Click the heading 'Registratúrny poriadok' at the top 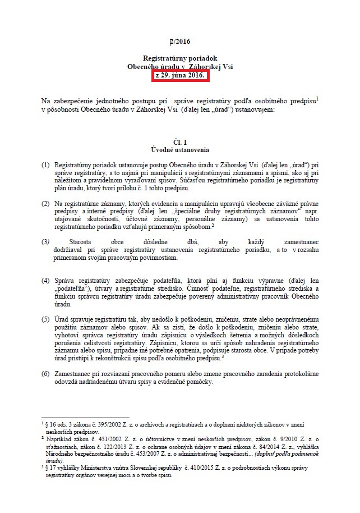point(180,58)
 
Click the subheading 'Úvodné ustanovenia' point(179,150)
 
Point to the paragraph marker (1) point(45,166)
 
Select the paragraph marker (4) point(45,280)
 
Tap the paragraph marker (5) point(45,319)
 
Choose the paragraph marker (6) point(45,373)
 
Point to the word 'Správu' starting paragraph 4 point(64,280)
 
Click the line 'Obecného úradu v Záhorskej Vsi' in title point(180,67)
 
